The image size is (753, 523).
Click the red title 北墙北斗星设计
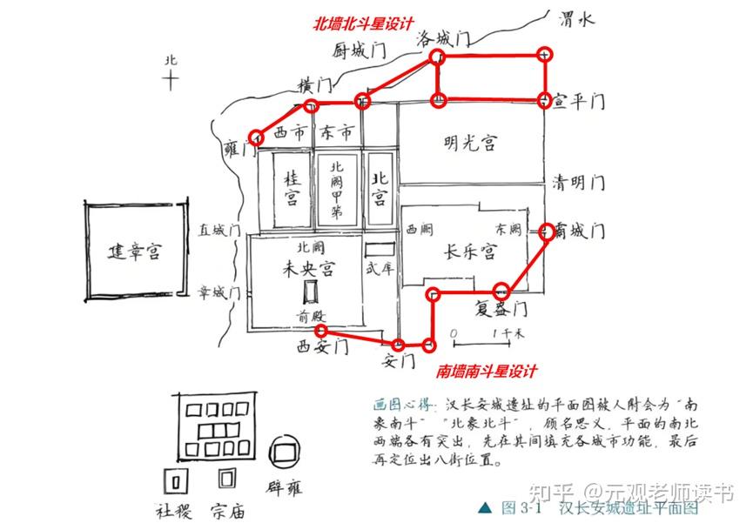point(363,24)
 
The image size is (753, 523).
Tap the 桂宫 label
point(292,187)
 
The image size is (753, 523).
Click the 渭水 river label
point(575,20)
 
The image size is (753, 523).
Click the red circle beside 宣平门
point(546,100)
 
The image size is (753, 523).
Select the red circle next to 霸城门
point(547,231)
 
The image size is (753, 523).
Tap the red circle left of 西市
point(256,137)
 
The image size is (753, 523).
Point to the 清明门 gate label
point(578,183)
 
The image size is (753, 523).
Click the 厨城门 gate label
point(358,50)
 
